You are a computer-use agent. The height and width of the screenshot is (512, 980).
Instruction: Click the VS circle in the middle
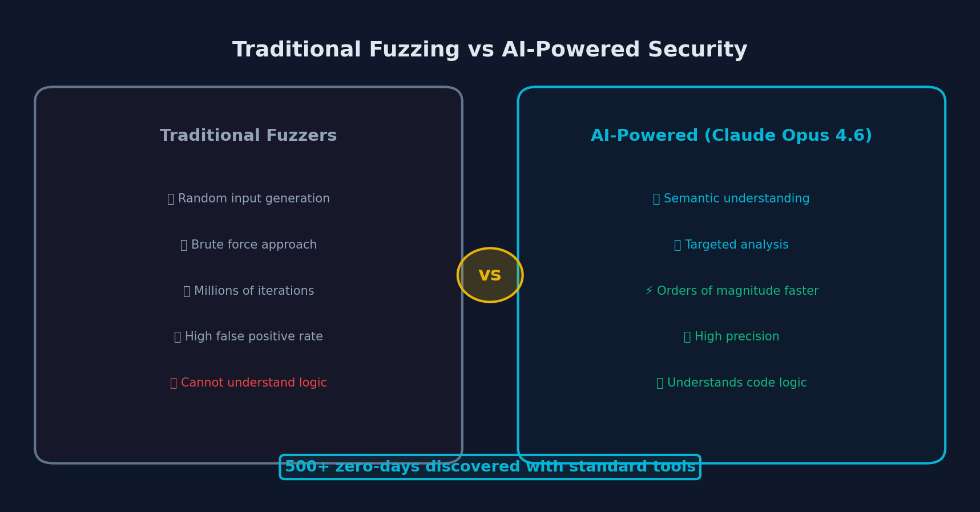(490, 275)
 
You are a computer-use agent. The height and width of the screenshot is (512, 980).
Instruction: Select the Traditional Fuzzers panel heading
(248, 136)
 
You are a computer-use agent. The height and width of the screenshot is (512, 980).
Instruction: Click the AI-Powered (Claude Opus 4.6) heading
(731, 136)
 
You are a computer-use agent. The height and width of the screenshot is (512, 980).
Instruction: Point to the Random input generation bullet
(248, 199)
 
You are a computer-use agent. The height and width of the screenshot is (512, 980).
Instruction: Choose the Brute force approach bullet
(248, 245)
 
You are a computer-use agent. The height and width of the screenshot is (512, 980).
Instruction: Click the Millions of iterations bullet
(248, 291)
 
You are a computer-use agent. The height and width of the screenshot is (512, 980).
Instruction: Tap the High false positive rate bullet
(248, 337)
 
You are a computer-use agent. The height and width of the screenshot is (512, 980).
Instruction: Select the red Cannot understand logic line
(248, 383)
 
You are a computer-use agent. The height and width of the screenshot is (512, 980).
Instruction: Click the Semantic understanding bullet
(731, 199)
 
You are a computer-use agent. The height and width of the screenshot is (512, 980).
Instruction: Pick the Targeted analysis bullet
(731, 245)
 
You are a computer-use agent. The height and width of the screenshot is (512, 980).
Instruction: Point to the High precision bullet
(731, 337)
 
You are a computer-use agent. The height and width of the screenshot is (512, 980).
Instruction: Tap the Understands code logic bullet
(731, 383)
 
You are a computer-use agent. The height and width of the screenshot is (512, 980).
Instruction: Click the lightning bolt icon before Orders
(649, 291)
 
